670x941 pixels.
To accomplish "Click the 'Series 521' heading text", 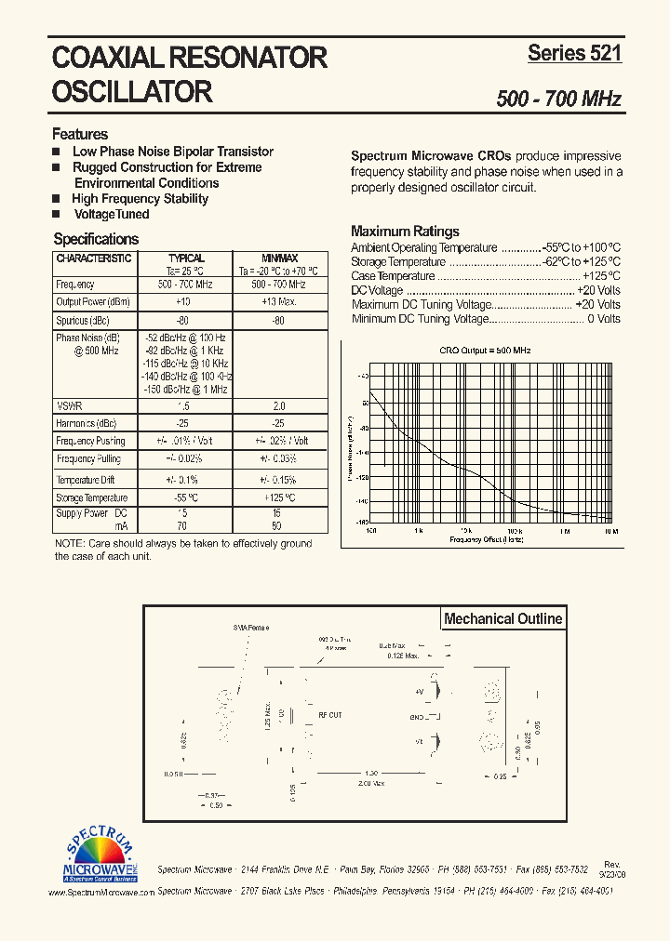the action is [x=574, y=53].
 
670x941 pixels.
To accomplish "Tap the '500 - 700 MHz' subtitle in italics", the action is [x=558, y=99].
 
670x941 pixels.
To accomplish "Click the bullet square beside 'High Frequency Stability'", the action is [x=56, y=199].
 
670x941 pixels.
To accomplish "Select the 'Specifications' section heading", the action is [x=96, y=239].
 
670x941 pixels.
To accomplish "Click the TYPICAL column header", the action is [x=186, y=258].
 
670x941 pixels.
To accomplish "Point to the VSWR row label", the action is [x=69, y=405].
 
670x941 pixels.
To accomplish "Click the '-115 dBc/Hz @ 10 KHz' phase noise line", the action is [x=186, y=363].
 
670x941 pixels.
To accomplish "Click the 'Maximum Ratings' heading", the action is [x=405, y=232].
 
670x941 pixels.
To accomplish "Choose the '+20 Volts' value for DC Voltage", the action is [x=597, y=290].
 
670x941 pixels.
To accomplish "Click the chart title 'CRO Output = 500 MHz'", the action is [x=485, y=351].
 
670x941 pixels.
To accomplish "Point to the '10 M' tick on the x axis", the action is [x=611, y=531].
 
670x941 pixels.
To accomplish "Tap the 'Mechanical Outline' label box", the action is [x=502, y=619].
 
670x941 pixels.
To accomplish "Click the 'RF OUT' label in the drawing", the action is [x=330, y=715].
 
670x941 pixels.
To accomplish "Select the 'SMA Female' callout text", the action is [x=251, y=629].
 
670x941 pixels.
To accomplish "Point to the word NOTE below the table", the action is [x=68, y=543].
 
